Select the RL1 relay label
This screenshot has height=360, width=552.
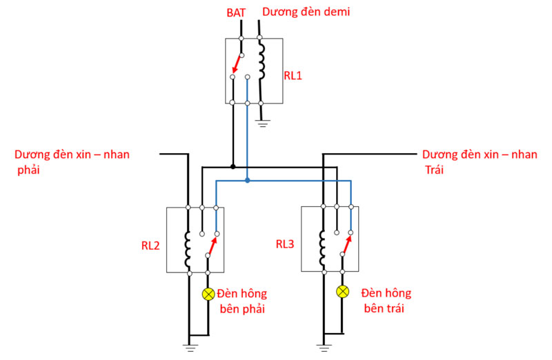(293, 75)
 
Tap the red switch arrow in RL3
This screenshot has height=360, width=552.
(347, 246)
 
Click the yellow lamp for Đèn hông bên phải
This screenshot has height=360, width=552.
(208, 294)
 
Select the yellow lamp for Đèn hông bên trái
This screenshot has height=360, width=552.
(342, 292)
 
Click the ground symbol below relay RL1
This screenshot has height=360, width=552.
(262, 124)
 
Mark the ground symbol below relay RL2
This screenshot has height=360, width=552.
(188, 346)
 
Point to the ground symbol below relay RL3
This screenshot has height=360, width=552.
(323, 346)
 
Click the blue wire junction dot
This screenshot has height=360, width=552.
(247, 181)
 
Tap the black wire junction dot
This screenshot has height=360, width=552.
(233, 166)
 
